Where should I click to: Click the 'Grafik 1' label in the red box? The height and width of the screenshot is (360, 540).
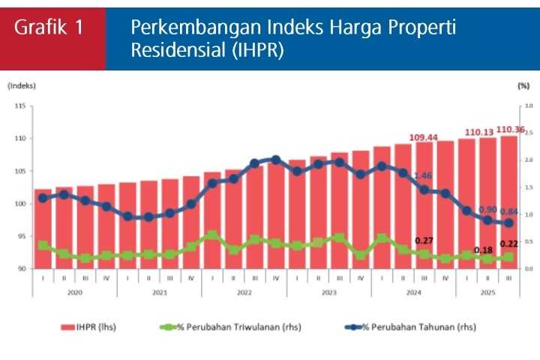[x=49, y=28]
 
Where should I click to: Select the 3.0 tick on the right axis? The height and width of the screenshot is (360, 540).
[x=528, y=106]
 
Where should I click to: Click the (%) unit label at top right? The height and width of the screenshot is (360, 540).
[x=523, y=86]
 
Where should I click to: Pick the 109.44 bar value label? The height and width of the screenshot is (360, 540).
[x=424, y=137]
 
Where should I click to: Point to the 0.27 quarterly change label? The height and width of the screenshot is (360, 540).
[x=424, y=241]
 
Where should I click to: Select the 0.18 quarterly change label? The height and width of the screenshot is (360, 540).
[x=483, y=250]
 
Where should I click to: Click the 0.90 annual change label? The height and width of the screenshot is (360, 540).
[x=487, y=209]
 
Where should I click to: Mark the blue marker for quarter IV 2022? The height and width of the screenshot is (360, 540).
[x=275, y=160]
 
